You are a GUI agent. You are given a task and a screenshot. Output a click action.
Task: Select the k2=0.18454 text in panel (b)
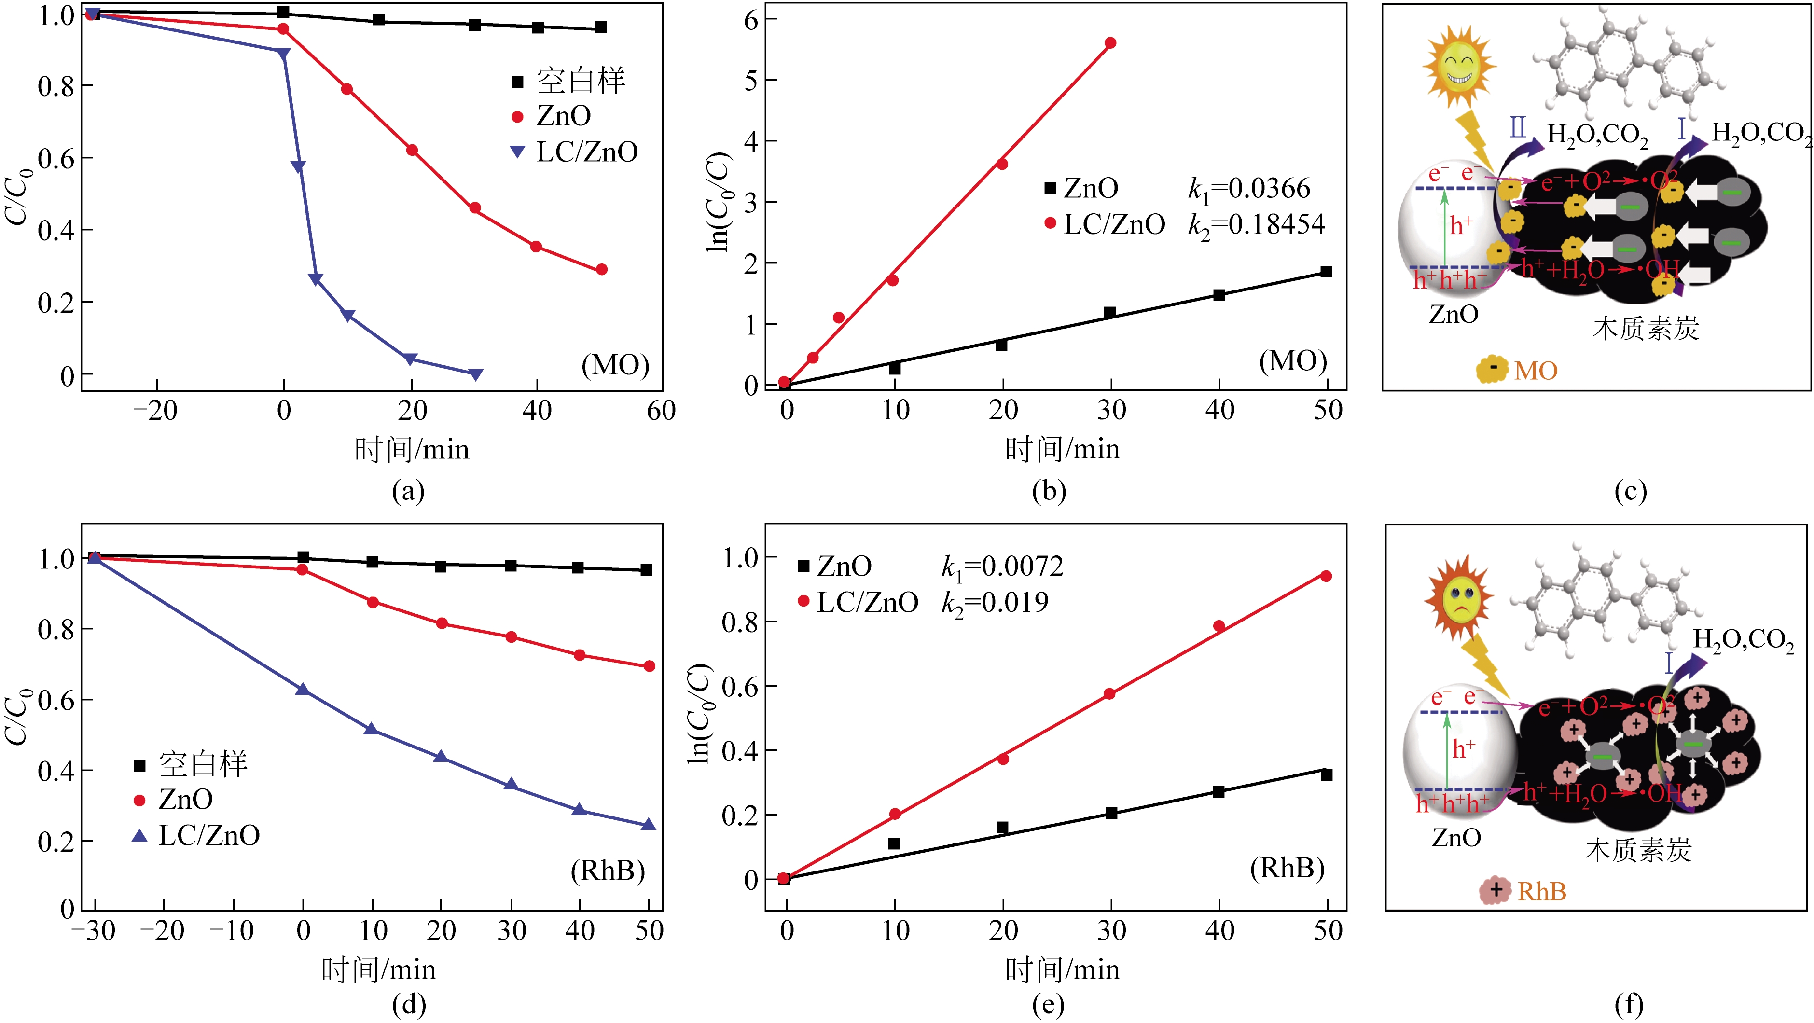point(1256,224)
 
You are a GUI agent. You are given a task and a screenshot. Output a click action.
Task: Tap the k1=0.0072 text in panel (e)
point(1002,566)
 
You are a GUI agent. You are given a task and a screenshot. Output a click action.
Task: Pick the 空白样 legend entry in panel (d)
point(203,764)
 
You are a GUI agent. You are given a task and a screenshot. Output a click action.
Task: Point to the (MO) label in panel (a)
point(615,365)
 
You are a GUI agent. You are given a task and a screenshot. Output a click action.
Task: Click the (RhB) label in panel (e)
point(1287,868)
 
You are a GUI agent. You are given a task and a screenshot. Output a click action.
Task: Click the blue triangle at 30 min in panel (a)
point(476,374)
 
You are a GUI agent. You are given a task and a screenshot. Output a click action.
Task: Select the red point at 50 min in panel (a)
point(601,270)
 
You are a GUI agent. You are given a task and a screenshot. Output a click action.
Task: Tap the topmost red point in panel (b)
point(1110,43)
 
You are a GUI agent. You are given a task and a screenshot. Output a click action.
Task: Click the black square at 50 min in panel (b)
point(1326,272)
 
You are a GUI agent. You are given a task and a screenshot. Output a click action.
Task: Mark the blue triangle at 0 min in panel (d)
point(303,689)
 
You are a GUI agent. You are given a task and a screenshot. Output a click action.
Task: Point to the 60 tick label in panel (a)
point(661,411)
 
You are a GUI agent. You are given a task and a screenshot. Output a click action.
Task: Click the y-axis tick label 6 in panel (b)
point(751,20)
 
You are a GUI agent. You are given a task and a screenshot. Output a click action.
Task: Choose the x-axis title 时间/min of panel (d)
point(378,969)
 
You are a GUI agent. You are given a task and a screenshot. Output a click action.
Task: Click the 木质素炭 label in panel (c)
point(1646,329)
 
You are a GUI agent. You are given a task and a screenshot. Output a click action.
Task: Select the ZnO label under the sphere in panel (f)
point(1456,838)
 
